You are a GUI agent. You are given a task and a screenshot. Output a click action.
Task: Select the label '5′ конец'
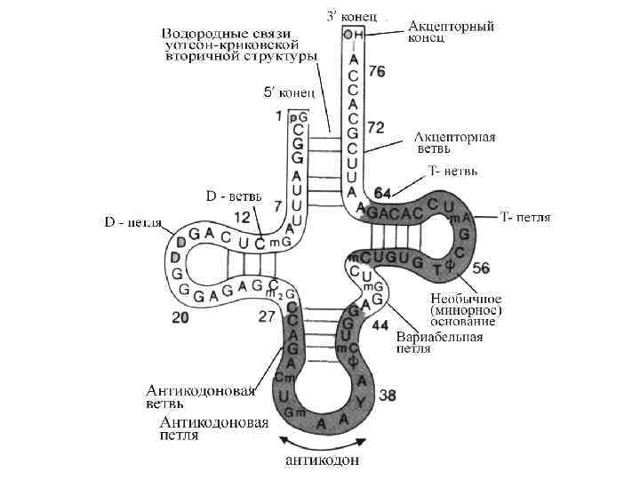click(288, 92)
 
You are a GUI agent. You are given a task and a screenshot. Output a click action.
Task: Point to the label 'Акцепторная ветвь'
click(454, 142)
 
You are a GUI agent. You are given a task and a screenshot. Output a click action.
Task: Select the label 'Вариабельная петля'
click(443, 343)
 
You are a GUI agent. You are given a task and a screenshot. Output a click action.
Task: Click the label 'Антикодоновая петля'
click(208, 429)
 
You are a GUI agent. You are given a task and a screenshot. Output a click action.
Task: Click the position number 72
click(376, 128)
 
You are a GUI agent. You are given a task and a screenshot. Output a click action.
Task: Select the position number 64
click(383, 192)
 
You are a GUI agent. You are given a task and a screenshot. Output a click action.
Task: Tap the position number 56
click(480, 268)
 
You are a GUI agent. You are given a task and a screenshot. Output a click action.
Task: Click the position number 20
click(180, 316)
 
